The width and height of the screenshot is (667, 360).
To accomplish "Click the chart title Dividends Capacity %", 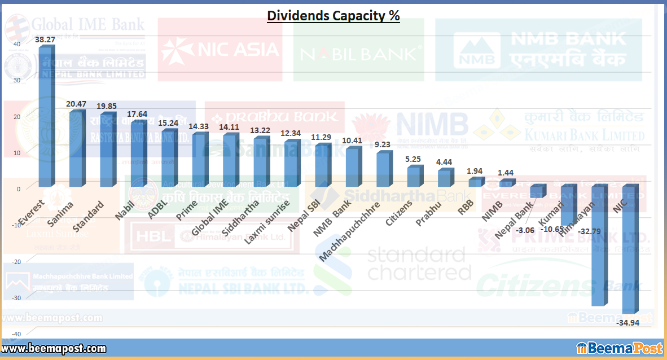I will [333, 16].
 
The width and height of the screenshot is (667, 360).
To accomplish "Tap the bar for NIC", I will [631, 248].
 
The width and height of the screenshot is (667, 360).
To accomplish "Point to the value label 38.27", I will [45, 40].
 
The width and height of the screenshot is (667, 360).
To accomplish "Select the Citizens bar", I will [414, 177].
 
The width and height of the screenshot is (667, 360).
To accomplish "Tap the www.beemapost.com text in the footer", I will [54, 349].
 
